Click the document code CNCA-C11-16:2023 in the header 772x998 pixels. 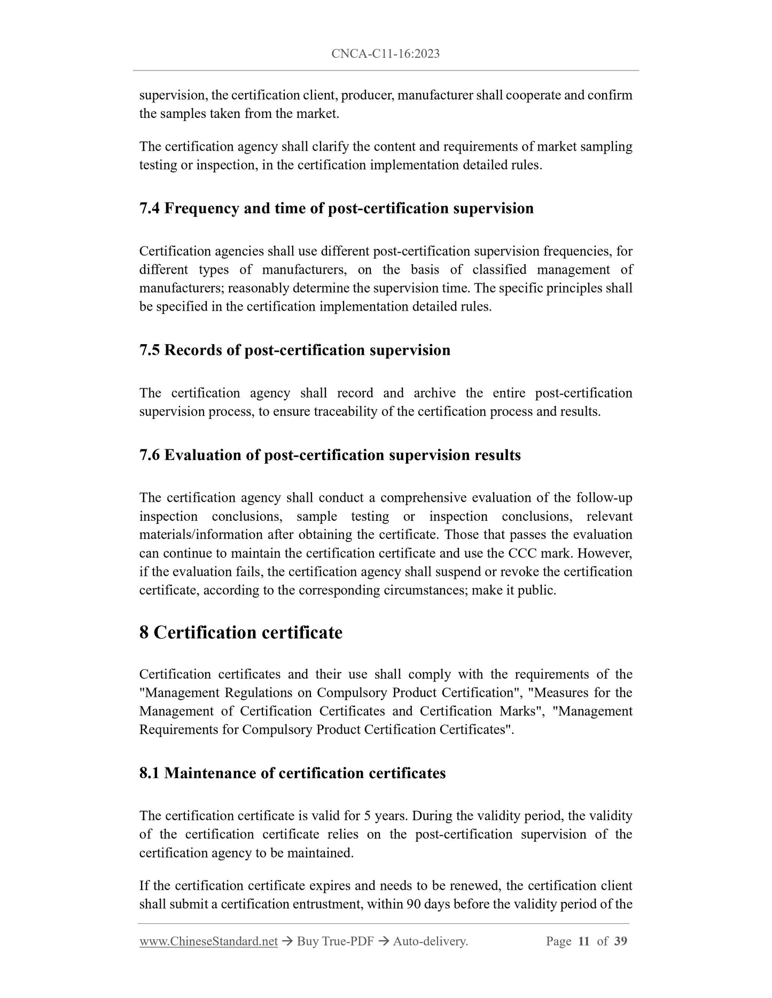[385, 53]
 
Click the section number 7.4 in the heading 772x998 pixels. [149, 208]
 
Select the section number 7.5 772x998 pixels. [149, 350]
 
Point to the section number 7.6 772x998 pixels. [149, 455]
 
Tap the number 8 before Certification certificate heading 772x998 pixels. [144, 632]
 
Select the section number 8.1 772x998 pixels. [149, 773]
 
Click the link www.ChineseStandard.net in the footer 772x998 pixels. [208, 941]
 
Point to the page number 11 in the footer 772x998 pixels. [584, 941]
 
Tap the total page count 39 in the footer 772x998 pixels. [620, 941]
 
